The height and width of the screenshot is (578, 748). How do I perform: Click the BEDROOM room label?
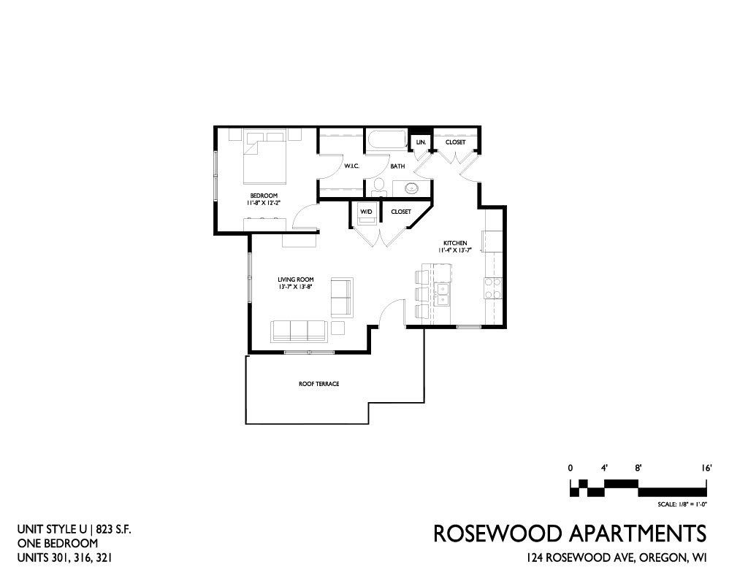[x=264, y=196]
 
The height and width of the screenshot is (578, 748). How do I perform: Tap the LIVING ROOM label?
[x=296, y=280]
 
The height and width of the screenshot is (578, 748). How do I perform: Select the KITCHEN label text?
[x=455, y=243]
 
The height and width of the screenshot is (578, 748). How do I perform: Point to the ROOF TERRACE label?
[x=318, y=384]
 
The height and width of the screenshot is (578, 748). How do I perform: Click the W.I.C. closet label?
[x=351, y=166]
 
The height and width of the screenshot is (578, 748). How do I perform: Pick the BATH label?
[x=397, y=166]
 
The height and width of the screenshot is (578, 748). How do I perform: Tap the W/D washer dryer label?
[x=366, y=212]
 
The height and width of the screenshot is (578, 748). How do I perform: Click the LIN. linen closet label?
[x=421, y=142]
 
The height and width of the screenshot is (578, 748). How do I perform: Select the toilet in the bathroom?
[x=379, y=186]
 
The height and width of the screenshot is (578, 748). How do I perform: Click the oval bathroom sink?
[x=412, y=188]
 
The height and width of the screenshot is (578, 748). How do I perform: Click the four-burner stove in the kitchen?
[x=493, y=288]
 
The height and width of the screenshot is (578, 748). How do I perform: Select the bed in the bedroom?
[x=265, y=158]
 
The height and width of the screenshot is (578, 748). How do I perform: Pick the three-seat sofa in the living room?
[x=299, y=331]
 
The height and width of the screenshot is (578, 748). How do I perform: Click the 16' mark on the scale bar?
[x=706, y=469]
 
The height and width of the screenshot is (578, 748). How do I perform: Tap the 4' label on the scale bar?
[x=604, y=469]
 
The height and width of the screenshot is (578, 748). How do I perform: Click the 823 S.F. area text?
[x=113, y=529]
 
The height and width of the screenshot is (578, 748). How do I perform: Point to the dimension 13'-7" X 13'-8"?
[x=295, y=287]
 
